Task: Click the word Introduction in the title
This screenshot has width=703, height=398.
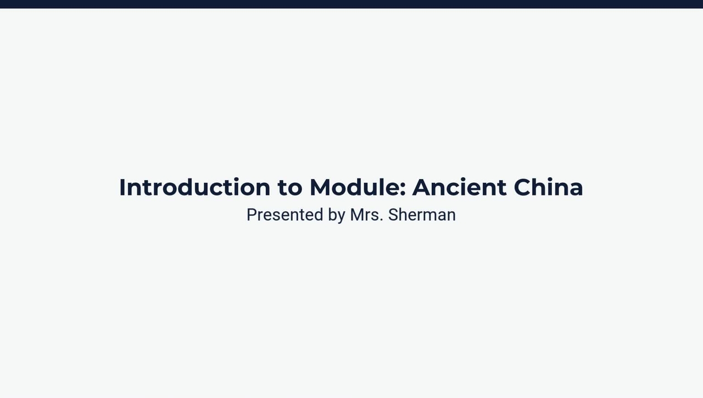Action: (194, 187)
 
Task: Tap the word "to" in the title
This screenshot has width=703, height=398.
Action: (289, 188)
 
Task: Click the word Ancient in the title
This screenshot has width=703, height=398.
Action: (459, 187)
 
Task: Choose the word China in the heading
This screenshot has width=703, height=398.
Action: (548, 187)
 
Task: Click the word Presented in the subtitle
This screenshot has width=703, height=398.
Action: (284, 215)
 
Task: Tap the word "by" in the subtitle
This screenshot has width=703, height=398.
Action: (336, 215)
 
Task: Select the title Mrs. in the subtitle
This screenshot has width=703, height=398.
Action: (365, 215)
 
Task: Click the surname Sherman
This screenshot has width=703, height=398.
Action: (422, 215)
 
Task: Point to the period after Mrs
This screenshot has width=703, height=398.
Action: (381, 220)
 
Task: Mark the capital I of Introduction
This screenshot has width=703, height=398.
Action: (122, 187)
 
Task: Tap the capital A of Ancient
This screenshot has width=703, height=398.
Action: (423, 187)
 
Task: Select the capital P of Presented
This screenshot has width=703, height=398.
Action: (252, 215)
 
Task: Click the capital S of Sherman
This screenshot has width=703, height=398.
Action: (393, 215)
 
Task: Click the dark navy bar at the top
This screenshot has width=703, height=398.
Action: (351, 4)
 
